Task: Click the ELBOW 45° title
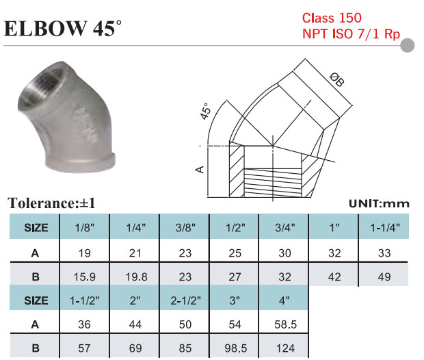click(x=63, y=28)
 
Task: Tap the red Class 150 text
click(x=332, y=18)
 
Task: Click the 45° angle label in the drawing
click(x=205, y=111)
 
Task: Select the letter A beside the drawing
click(x=200, y=170)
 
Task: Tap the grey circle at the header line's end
click(x=407, y=45)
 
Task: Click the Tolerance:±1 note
click(x=52, y=203)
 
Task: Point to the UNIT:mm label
click(x=379, y=204)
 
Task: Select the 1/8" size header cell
click(x=85, y=227)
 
